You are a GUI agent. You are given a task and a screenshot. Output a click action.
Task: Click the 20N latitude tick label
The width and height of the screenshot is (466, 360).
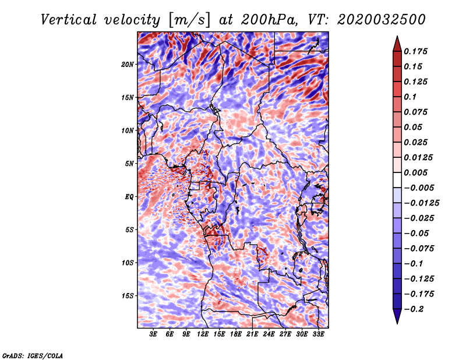pos(128,64)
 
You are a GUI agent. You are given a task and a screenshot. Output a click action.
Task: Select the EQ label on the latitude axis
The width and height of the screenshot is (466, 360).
pos(129,197)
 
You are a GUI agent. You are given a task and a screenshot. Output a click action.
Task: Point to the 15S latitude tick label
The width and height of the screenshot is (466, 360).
pos(128,296)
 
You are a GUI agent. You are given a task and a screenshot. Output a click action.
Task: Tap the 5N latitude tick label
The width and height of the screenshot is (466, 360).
pos(129,164)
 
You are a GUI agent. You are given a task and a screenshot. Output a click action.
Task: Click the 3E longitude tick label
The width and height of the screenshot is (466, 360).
pos(154,334)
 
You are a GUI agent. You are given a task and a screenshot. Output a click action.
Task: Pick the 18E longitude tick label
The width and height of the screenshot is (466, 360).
pos(235,334)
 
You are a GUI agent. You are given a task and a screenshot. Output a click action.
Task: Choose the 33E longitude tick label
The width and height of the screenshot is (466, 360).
pos(317,334)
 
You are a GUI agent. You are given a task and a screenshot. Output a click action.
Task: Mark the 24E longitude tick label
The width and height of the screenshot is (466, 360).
pos(269,334)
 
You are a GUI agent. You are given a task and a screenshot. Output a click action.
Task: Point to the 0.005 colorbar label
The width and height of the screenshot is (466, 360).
pos(416,172)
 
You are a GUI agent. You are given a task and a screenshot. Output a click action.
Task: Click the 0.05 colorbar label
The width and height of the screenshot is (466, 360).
pos(414,127)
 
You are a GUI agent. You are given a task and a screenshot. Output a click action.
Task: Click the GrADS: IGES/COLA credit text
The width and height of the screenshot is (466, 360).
pos(33,355)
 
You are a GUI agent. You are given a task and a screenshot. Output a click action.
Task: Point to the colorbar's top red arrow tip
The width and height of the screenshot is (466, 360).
pos(397,38)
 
